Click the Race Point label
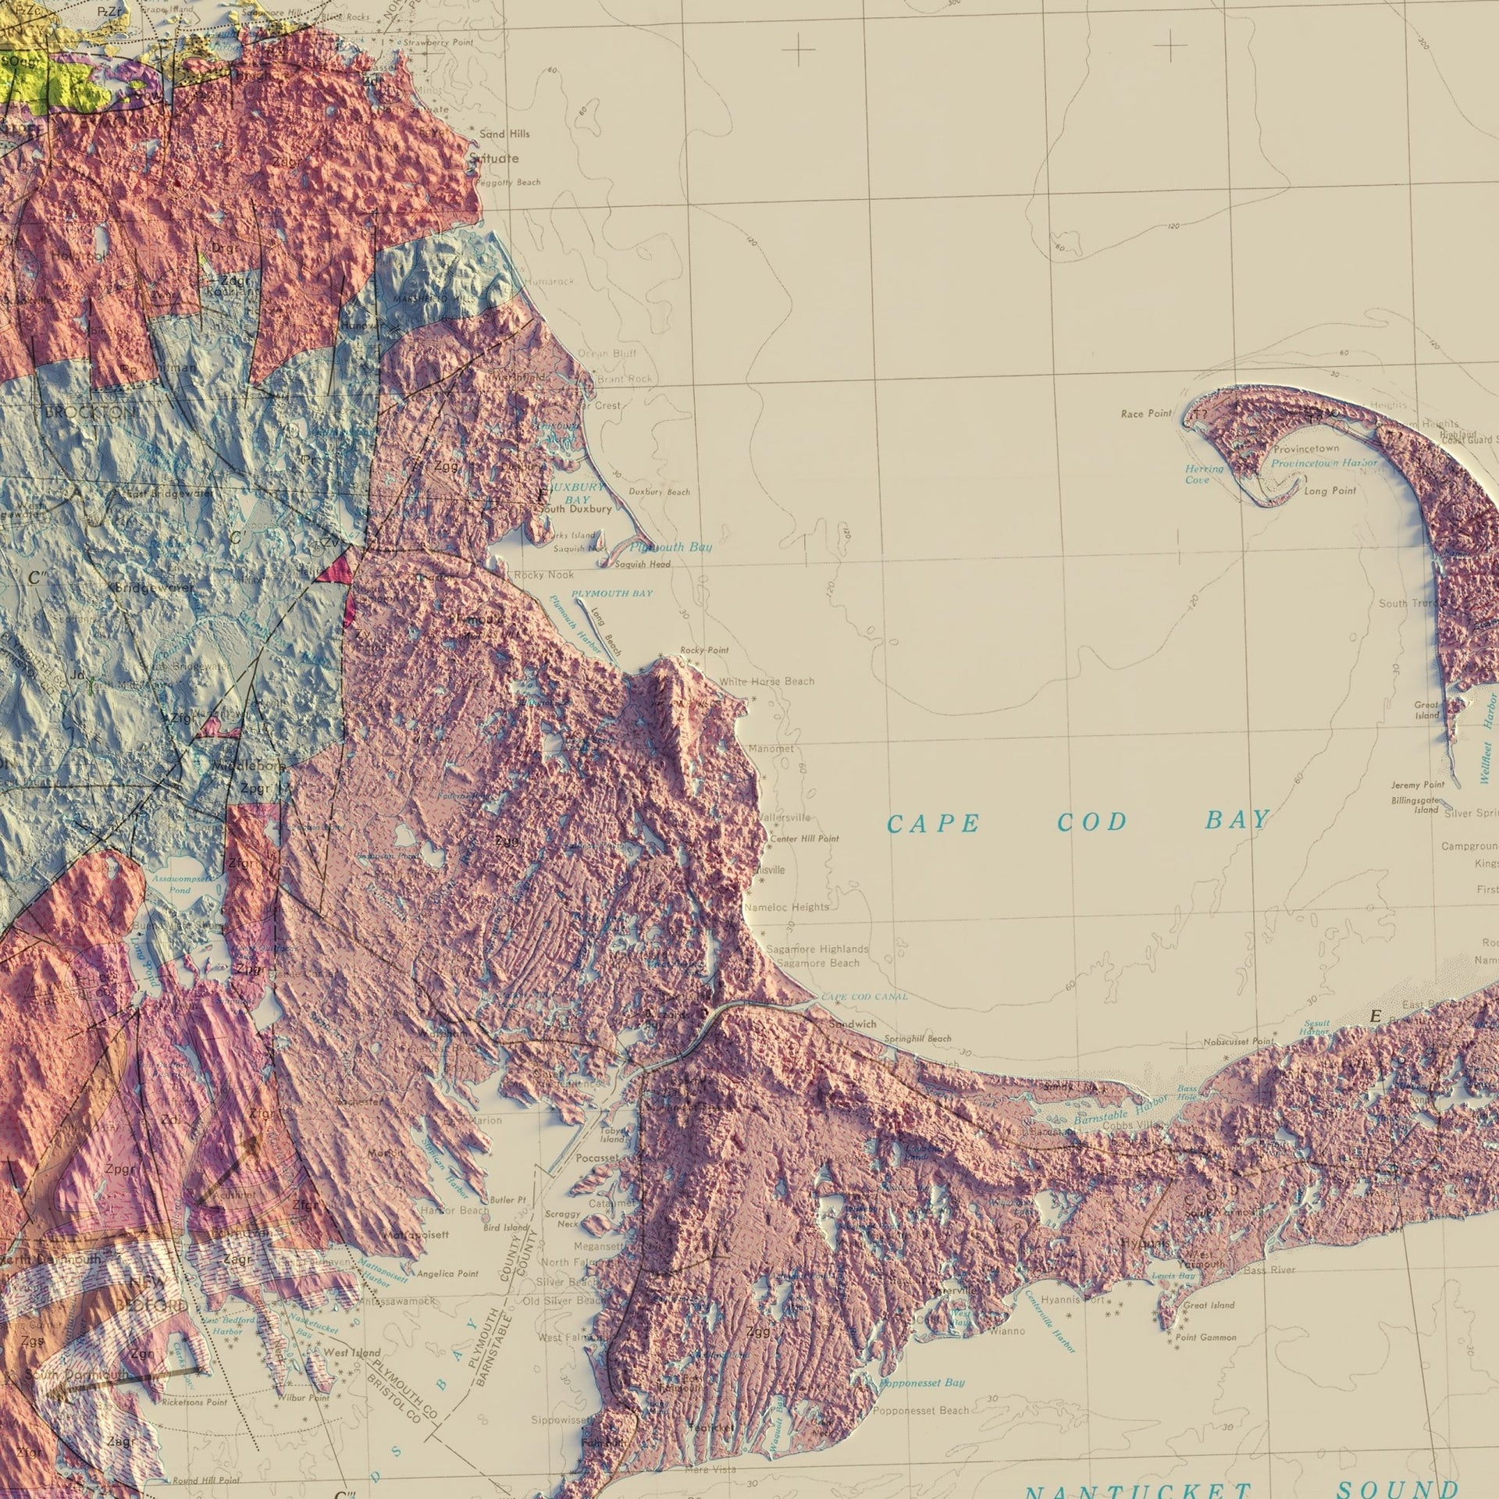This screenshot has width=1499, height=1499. click(1146, 414)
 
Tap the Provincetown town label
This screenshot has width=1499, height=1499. click(1306, 449)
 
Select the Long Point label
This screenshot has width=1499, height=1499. click(1330, 490)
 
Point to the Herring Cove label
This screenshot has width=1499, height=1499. click(1204, 474)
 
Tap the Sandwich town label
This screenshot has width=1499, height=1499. click(853, 1024)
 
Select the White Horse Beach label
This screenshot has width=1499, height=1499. click(767, 682)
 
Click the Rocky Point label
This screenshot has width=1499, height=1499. click(703, 650)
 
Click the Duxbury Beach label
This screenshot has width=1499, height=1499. click(659, 492)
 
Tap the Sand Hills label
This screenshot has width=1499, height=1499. click(504, 134)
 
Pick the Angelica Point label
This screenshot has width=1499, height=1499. click(447, 1273)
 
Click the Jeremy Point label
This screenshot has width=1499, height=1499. click(1418, 785)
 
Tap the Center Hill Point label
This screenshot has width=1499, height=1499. click(804, 839)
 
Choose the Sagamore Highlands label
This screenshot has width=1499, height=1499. click(817, 949)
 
